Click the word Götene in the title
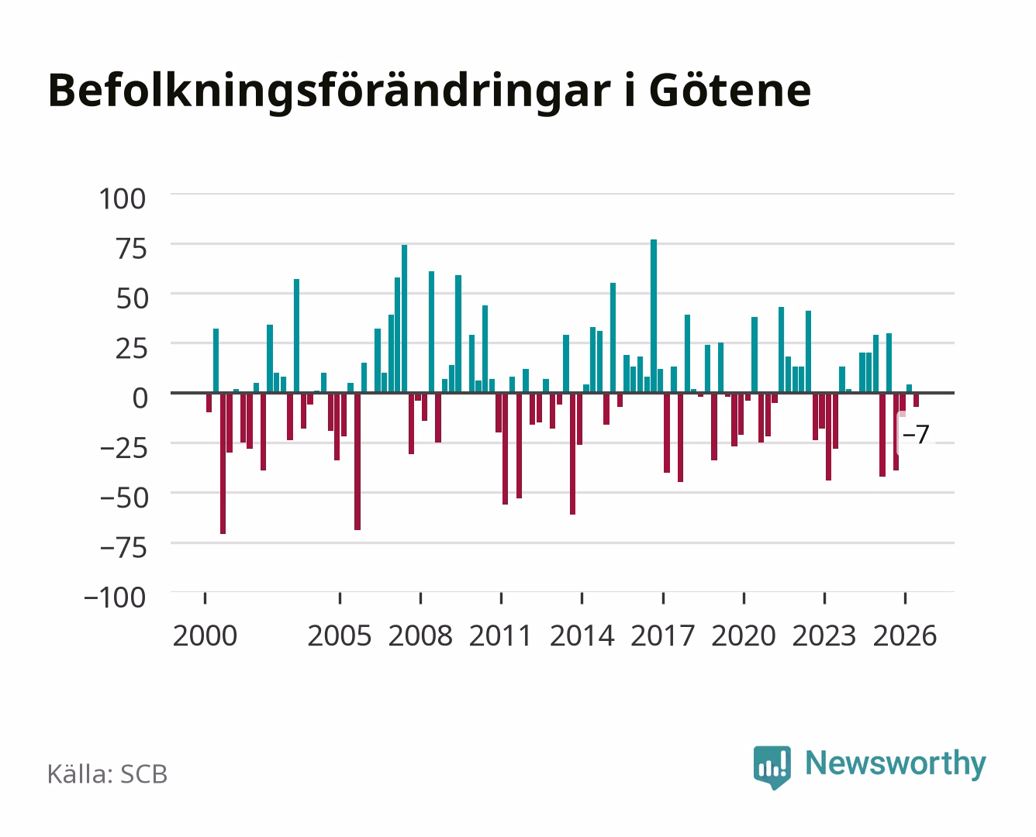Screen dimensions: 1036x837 coord(730,91)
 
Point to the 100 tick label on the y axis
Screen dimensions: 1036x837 coord(122,199)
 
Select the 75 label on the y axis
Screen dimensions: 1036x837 coord(131,249)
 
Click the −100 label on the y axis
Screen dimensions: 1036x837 coord(115,598)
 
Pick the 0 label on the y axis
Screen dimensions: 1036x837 coord(140,398)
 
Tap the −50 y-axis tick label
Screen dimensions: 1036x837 coord(123,498)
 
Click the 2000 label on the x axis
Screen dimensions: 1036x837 coord(205,635)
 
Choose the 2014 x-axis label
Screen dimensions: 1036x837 coord(582,635)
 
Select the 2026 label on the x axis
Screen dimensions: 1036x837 coord(905,635)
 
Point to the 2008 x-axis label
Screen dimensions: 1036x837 coord(420,635)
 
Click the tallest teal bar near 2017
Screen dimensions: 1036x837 coord(654,316)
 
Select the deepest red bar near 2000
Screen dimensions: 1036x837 coord(223,463)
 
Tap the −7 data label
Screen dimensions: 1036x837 coord(916,434)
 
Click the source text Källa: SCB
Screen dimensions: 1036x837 coord(108,773)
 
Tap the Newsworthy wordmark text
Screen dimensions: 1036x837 coord(896,764)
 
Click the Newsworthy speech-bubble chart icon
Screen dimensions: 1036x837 coord(772,767)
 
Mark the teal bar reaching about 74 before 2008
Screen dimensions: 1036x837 coord(404,319)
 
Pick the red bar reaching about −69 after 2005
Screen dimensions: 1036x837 coord(357,461)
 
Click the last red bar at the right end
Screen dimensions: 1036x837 coord(917,400)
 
